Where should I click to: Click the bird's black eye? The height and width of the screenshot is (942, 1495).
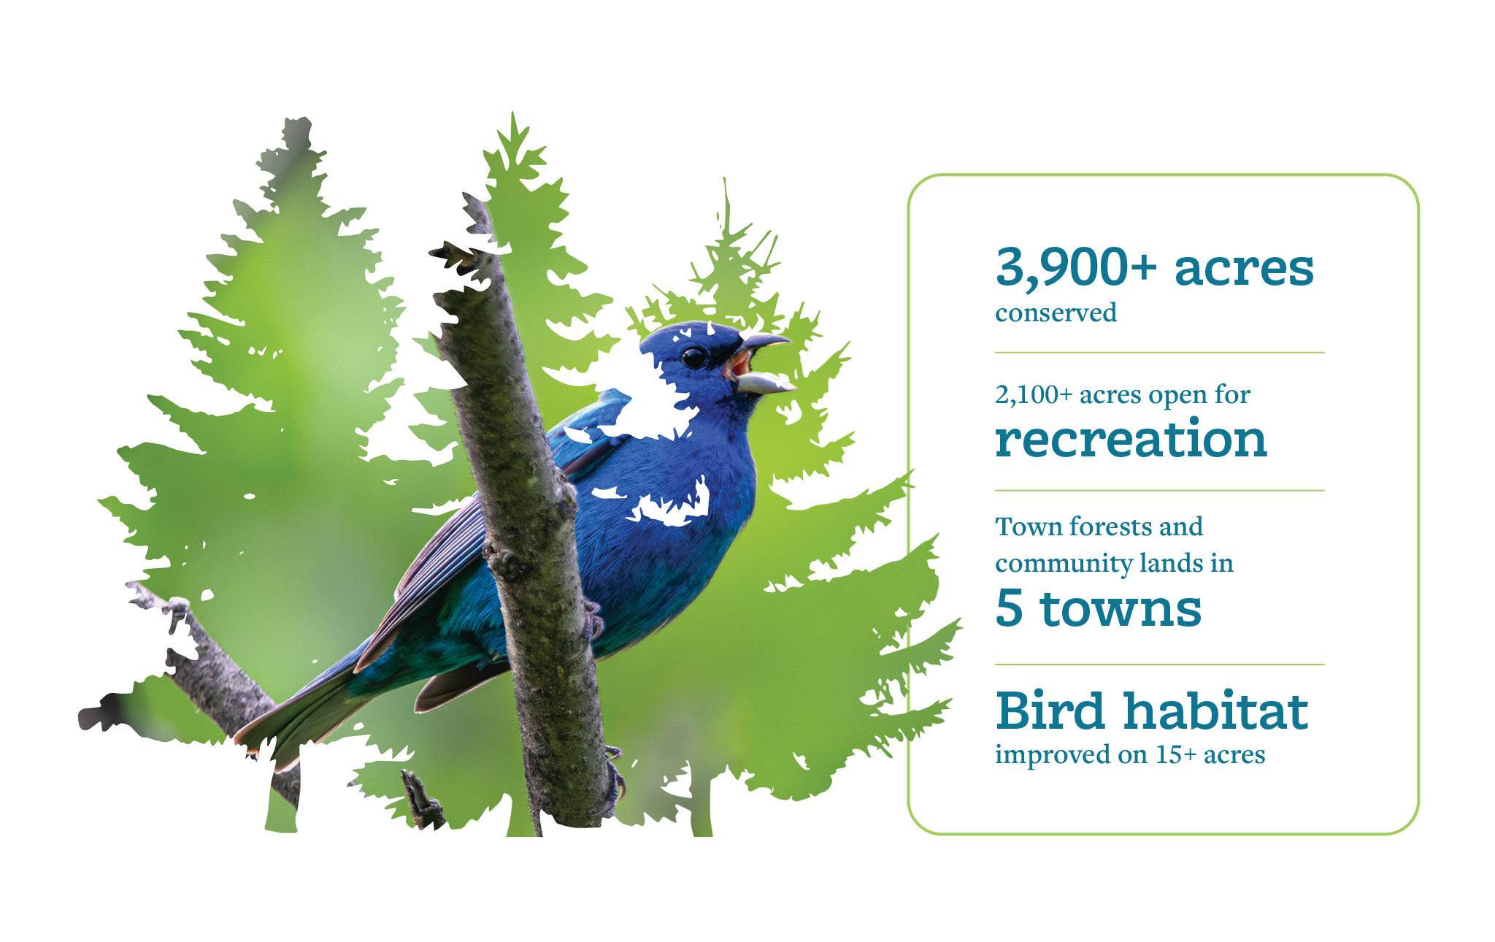coord(693,358)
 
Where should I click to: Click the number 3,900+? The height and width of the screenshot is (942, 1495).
coord(1076,268)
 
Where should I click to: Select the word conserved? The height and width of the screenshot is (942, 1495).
coord(1056,313)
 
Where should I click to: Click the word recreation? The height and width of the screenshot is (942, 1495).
coord(1131,440)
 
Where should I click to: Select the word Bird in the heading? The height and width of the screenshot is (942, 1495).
coord(1050,711)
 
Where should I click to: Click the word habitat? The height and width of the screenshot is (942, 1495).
coord(1216,711)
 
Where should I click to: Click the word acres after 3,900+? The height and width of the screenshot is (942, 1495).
coord(1244,268)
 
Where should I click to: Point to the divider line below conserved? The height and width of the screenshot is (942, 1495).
coord(1159,353)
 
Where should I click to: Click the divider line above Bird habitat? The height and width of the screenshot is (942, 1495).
coord(1159,665)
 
